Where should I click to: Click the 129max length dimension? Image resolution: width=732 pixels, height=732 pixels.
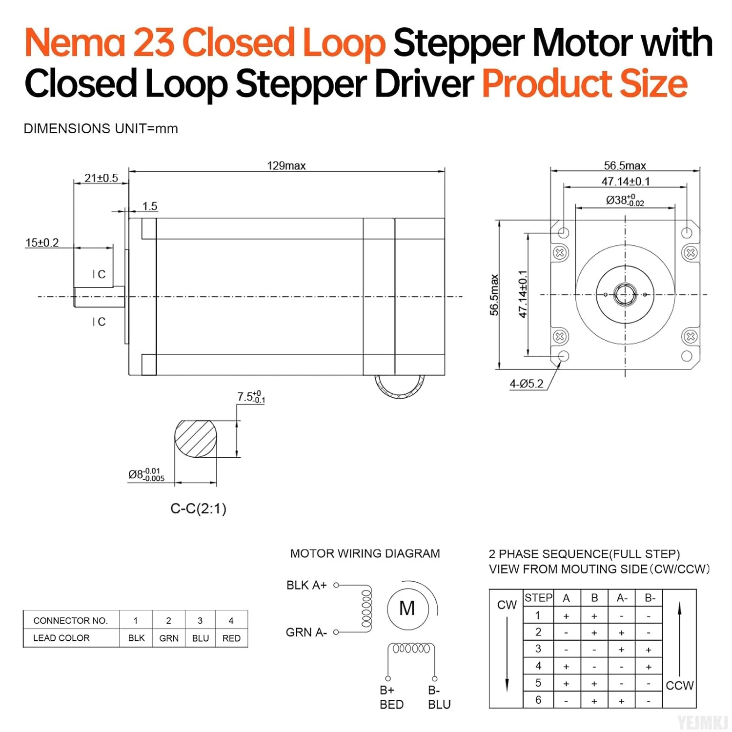[x=286, y=166]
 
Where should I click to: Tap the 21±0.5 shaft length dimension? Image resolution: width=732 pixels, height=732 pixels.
[x=101, y=178]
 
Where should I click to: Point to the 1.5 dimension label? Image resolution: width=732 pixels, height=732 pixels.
[x=150, y=206]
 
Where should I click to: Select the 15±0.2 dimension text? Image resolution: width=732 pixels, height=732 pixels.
[x=42, y=243]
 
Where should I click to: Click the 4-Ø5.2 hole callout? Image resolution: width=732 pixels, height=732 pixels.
[x=526, y=384]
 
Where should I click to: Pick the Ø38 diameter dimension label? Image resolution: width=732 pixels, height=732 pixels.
[x=625, y=200]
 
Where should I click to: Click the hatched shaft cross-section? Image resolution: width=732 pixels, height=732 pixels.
[x=196, y=439]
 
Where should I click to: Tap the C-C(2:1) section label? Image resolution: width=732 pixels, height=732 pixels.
[x=198, y=509]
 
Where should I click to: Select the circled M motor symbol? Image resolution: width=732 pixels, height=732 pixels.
[x=407, y=609]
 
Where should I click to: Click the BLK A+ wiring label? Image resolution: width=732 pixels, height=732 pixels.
[x=306, y=585]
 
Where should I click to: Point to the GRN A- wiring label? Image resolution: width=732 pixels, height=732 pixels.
[x=306, y=632]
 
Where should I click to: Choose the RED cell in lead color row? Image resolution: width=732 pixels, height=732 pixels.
[x=231, y=638]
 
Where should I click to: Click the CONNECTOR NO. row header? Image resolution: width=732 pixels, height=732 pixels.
[x=70, y=621]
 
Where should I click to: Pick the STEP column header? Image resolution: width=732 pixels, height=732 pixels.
[x=538, y=598]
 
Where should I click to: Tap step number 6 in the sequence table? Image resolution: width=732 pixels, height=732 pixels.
[x=538, y=700]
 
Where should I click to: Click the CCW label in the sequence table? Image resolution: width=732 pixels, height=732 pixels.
[x=679, y=686]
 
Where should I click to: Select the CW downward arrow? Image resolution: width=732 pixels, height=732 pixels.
[x=507, y=654]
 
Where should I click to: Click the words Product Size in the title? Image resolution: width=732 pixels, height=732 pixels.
[x=585, y=84]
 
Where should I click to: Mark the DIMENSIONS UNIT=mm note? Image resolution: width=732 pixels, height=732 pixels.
[x=101, y=129]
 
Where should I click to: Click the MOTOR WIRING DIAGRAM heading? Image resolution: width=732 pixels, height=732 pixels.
[x=365, y=554]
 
